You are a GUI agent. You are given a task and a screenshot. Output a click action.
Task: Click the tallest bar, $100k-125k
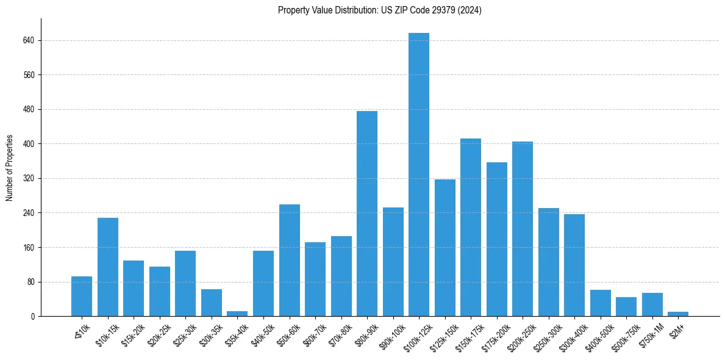tap(419, 175)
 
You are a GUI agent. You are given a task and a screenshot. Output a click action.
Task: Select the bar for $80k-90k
tap(367, 214)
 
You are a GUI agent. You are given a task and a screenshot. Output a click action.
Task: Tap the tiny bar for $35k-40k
tap(237, 314)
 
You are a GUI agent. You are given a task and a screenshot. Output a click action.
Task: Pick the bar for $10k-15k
tap(108, 267)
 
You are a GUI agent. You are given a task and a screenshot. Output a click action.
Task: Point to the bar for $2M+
tap(678, 314)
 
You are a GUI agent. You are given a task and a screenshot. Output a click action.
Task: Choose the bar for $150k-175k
tap(471, 227)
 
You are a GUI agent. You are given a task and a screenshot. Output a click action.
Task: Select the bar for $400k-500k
tap(601, 303)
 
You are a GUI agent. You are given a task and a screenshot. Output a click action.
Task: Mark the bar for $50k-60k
tap(290, 260)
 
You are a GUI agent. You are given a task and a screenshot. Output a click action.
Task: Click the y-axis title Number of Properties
tap(10, 168)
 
